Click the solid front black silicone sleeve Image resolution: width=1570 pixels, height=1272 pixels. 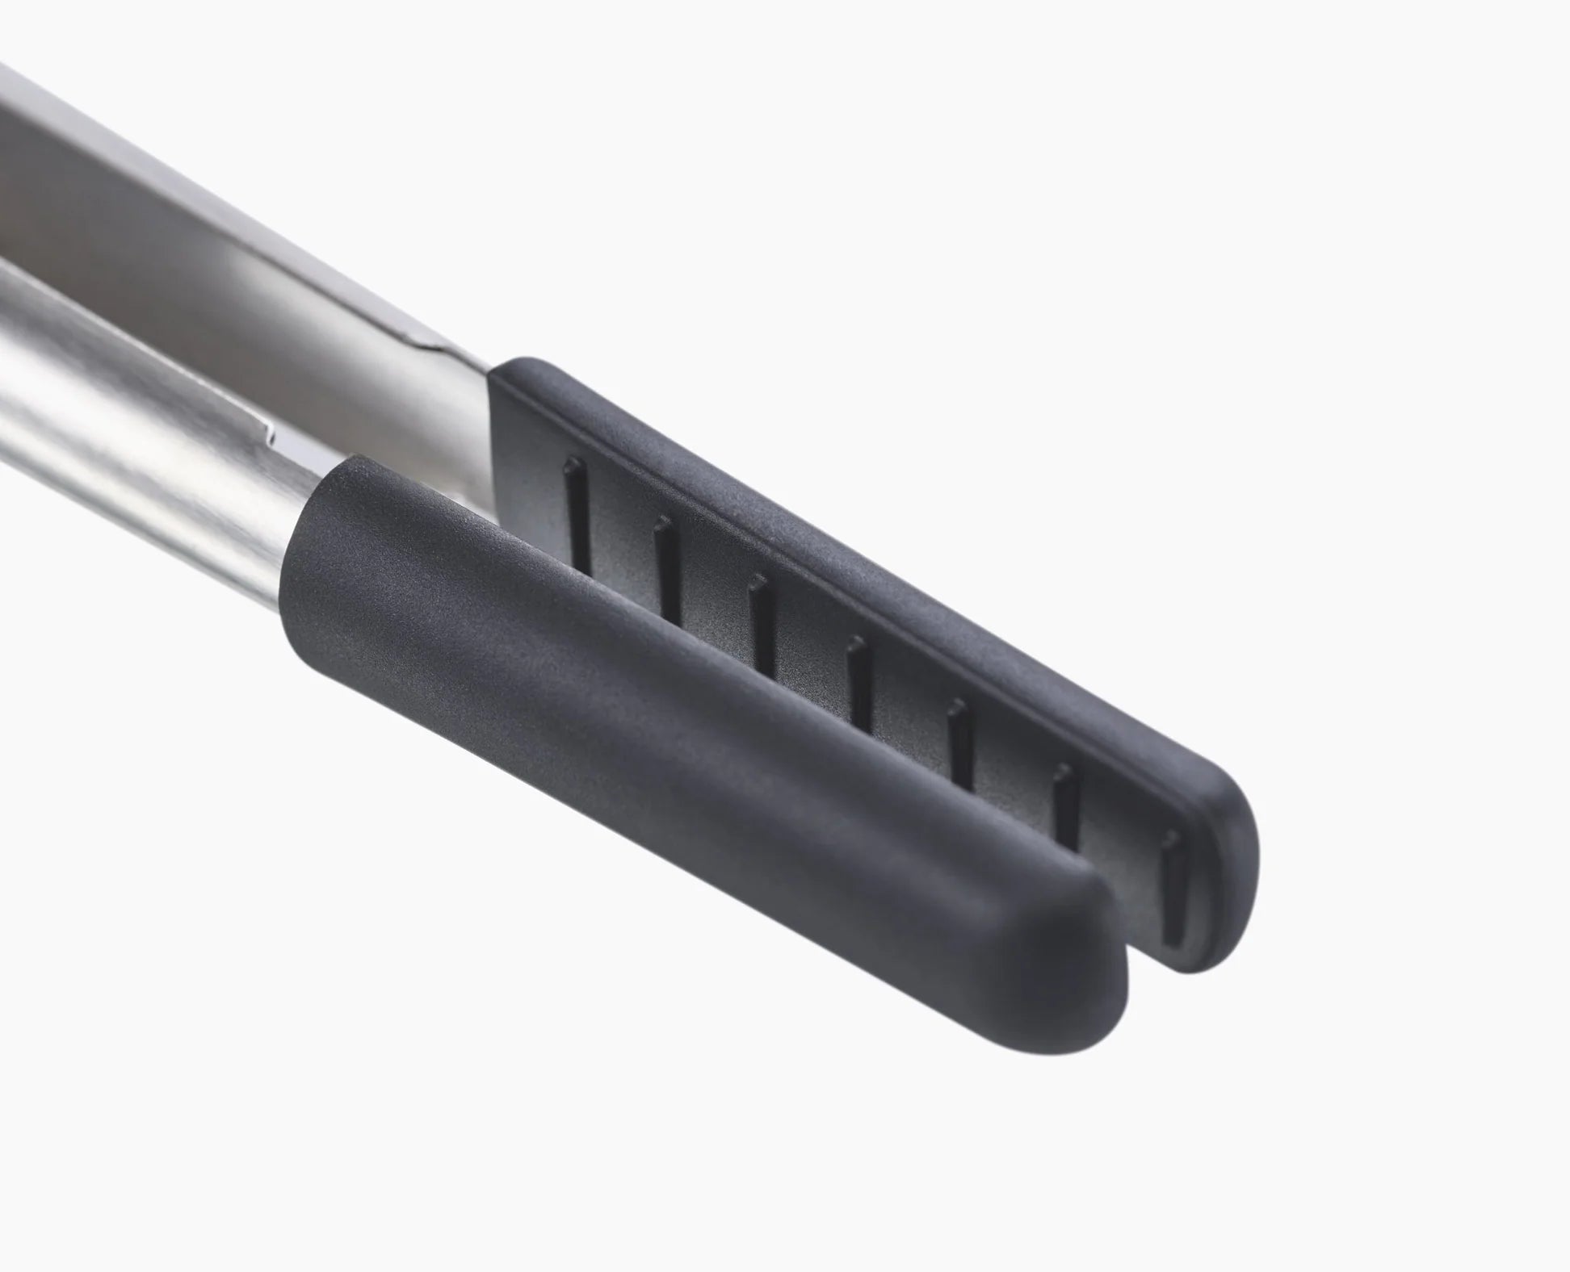point(686,726)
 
